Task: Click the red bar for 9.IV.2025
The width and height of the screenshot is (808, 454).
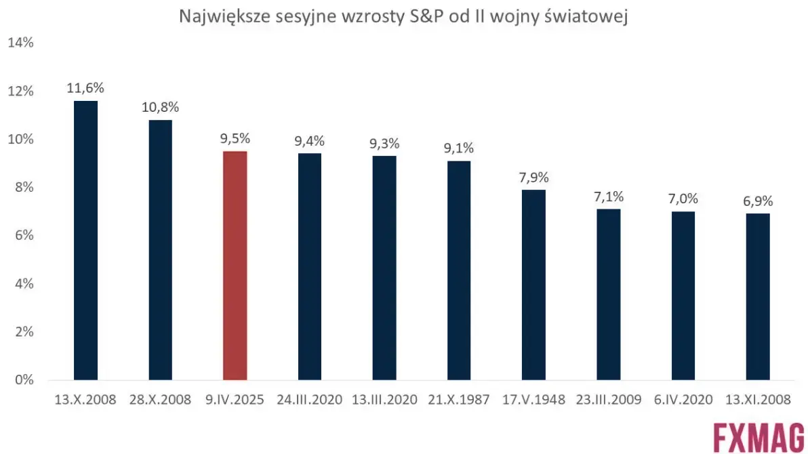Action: (235, 266)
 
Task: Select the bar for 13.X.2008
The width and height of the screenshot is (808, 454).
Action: (86, 241)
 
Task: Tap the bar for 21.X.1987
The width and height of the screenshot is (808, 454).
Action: (459, 270)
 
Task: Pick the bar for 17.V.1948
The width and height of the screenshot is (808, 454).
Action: (533, 285)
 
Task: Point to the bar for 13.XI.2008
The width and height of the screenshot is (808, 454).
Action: (757, 297)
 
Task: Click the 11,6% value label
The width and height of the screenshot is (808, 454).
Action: (85, 88)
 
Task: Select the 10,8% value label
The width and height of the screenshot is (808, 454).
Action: (161, 107)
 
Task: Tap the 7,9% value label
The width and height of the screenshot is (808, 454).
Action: (533, 178)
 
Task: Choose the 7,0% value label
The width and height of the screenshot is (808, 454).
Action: (683, 199)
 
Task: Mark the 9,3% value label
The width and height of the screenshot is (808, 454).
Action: (384, 144)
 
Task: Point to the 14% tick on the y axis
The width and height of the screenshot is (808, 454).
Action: (20, 43)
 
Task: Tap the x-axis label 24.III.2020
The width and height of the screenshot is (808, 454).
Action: (310, 399)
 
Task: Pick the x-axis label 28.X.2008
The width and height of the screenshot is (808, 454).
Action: (161, 399)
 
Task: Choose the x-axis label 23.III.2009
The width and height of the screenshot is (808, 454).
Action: (608, 399)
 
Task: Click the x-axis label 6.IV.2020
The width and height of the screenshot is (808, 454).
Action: (683, 399)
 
